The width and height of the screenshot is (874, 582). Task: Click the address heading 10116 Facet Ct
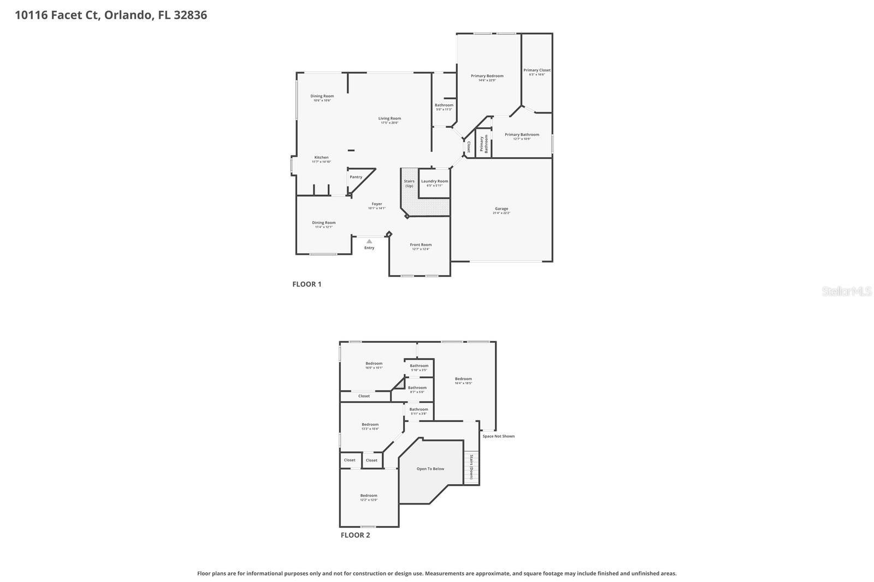pyautogui.click(x=111, y=15)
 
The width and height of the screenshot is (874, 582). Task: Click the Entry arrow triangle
pyautogui.click(x=369, y=241)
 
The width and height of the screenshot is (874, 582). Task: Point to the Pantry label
pyautogui.click(x=356, y=177)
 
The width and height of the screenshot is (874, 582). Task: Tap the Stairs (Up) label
pyautogui.click(x=409, y=183)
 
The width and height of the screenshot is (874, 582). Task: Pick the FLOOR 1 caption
pyautogui.click(x=307, y=284)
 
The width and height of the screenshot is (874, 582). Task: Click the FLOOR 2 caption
pyautogui.click(x=355, y=535)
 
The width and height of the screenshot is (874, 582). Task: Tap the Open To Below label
pyautogui.click(x=430, y=469)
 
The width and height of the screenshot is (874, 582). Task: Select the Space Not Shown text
pyautogui.click(x=498, y=436)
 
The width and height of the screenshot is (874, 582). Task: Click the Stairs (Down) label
pyautogui.click(x=471, y=467)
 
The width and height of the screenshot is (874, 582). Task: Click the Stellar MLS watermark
pyautogui.click(x=847, y=292)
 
